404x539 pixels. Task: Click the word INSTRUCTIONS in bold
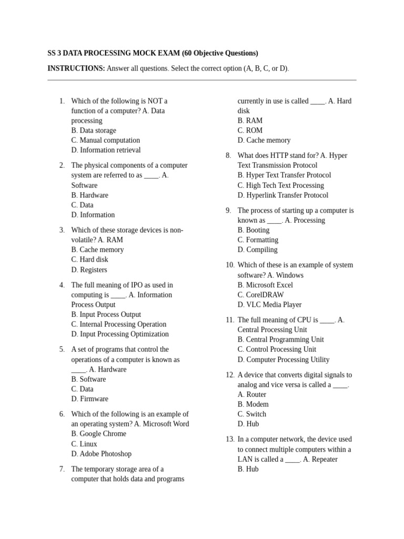tap(76, 68)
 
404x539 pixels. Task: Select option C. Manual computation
tap(106, 140)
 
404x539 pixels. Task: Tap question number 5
tap(62, 350)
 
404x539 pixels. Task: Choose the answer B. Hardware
tap(90, 195)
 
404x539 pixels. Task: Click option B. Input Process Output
tap(106, 314)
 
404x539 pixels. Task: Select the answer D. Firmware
tap(90, 399)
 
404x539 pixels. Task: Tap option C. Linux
tap(84, 444)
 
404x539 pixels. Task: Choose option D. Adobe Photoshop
tap(102, 454)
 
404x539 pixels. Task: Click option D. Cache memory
tap(264, 141)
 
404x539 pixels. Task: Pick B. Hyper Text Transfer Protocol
tap(285, 175)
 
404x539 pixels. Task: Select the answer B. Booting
tap(254, 230)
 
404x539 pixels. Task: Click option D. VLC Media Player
tap(270, 305)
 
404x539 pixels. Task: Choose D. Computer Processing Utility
tap(284, 360)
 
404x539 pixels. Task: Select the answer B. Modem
tap(253, 404)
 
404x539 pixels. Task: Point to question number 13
tap(229, 440)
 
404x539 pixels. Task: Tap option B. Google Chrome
tap(99, 434)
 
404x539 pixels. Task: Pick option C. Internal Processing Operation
tap(119, 324)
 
